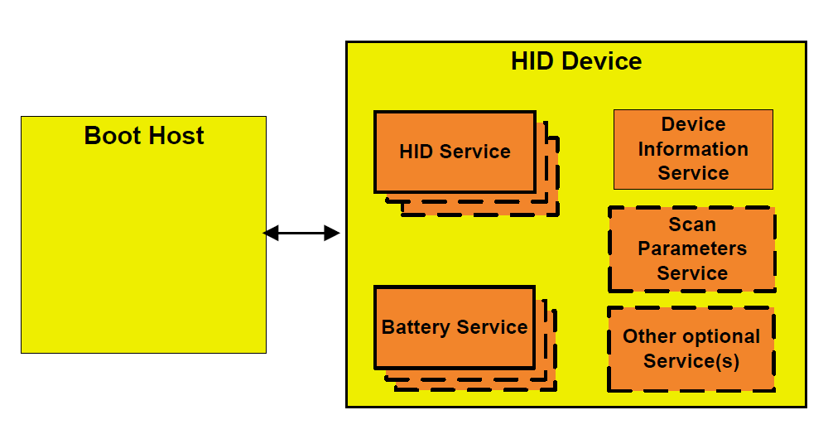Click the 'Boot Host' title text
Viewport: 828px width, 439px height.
(x=144, y=136)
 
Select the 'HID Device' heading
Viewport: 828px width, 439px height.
(x=576, y=61)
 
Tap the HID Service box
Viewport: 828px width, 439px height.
(x=455, y=152)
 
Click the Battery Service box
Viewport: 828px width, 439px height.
(x=455, y=327)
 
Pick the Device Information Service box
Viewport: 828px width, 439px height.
(x=693, y=149)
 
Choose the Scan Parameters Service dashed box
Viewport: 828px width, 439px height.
(x=692, y=248)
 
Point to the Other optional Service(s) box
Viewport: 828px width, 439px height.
(x=691, y=349)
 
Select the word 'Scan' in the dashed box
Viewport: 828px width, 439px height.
(x=692, y=224)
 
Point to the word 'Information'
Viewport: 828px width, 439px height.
(x=693, y=149)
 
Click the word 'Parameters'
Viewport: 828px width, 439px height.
(x=692, y=248)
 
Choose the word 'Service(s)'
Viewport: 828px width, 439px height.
(x=691, y=361)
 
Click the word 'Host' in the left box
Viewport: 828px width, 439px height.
(x=177, y=136)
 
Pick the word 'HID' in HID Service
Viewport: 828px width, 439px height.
(x=416, y=152)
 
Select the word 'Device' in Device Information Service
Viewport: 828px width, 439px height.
(x=693, y=125)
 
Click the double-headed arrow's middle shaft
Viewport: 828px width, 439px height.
(x=301, y=234)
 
